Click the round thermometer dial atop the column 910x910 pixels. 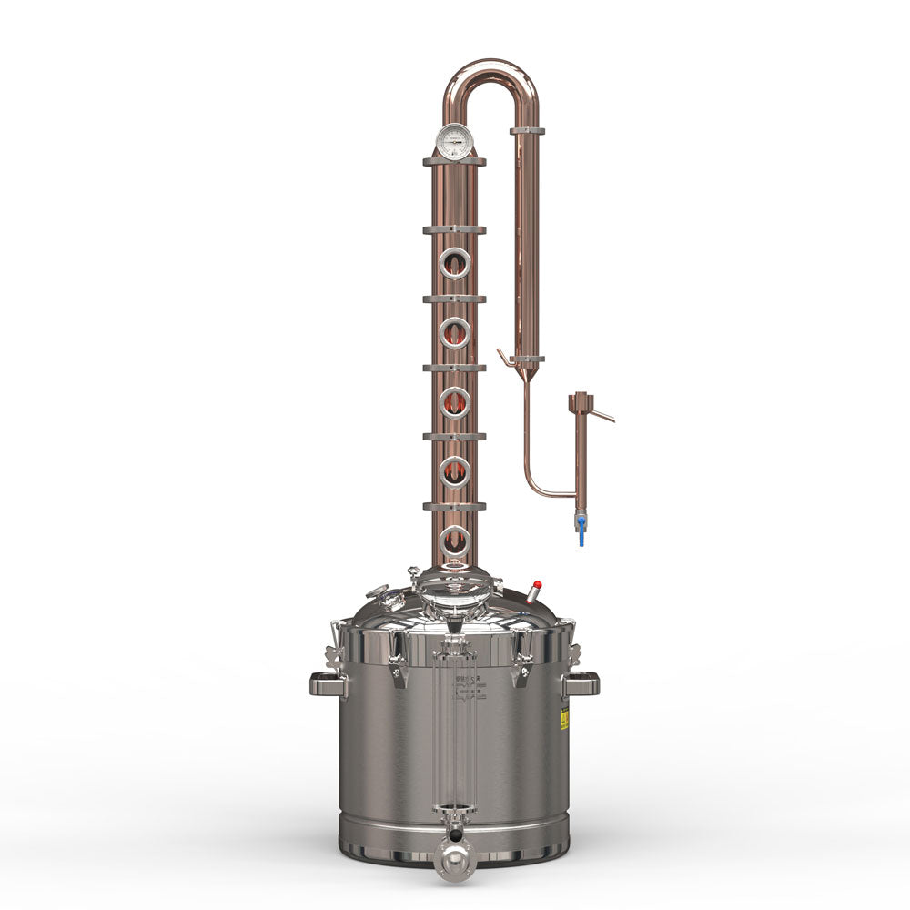(x=454, y=141)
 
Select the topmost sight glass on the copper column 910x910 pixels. (x=454, y=264)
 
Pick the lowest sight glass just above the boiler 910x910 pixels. (x=454, y=541)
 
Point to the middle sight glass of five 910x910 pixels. (x=454, y=402)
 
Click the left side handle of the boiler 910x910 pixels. (x=328, y=683)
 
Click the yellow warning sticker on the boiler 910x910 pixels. (x=564, y=719)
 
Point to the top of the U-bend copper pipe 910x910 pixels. (x=491, y=66)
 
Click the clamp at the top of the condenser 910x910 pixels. (x=527, y=131)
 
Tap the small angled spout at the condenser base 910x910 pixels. (x=506, y=358)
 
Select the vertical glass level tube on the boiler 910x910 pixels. (x=453, y=728)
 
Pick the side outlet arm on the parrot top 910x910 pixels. (x=602, y=417)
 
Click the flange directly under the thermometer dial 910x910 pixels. (x=454, y=162)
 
